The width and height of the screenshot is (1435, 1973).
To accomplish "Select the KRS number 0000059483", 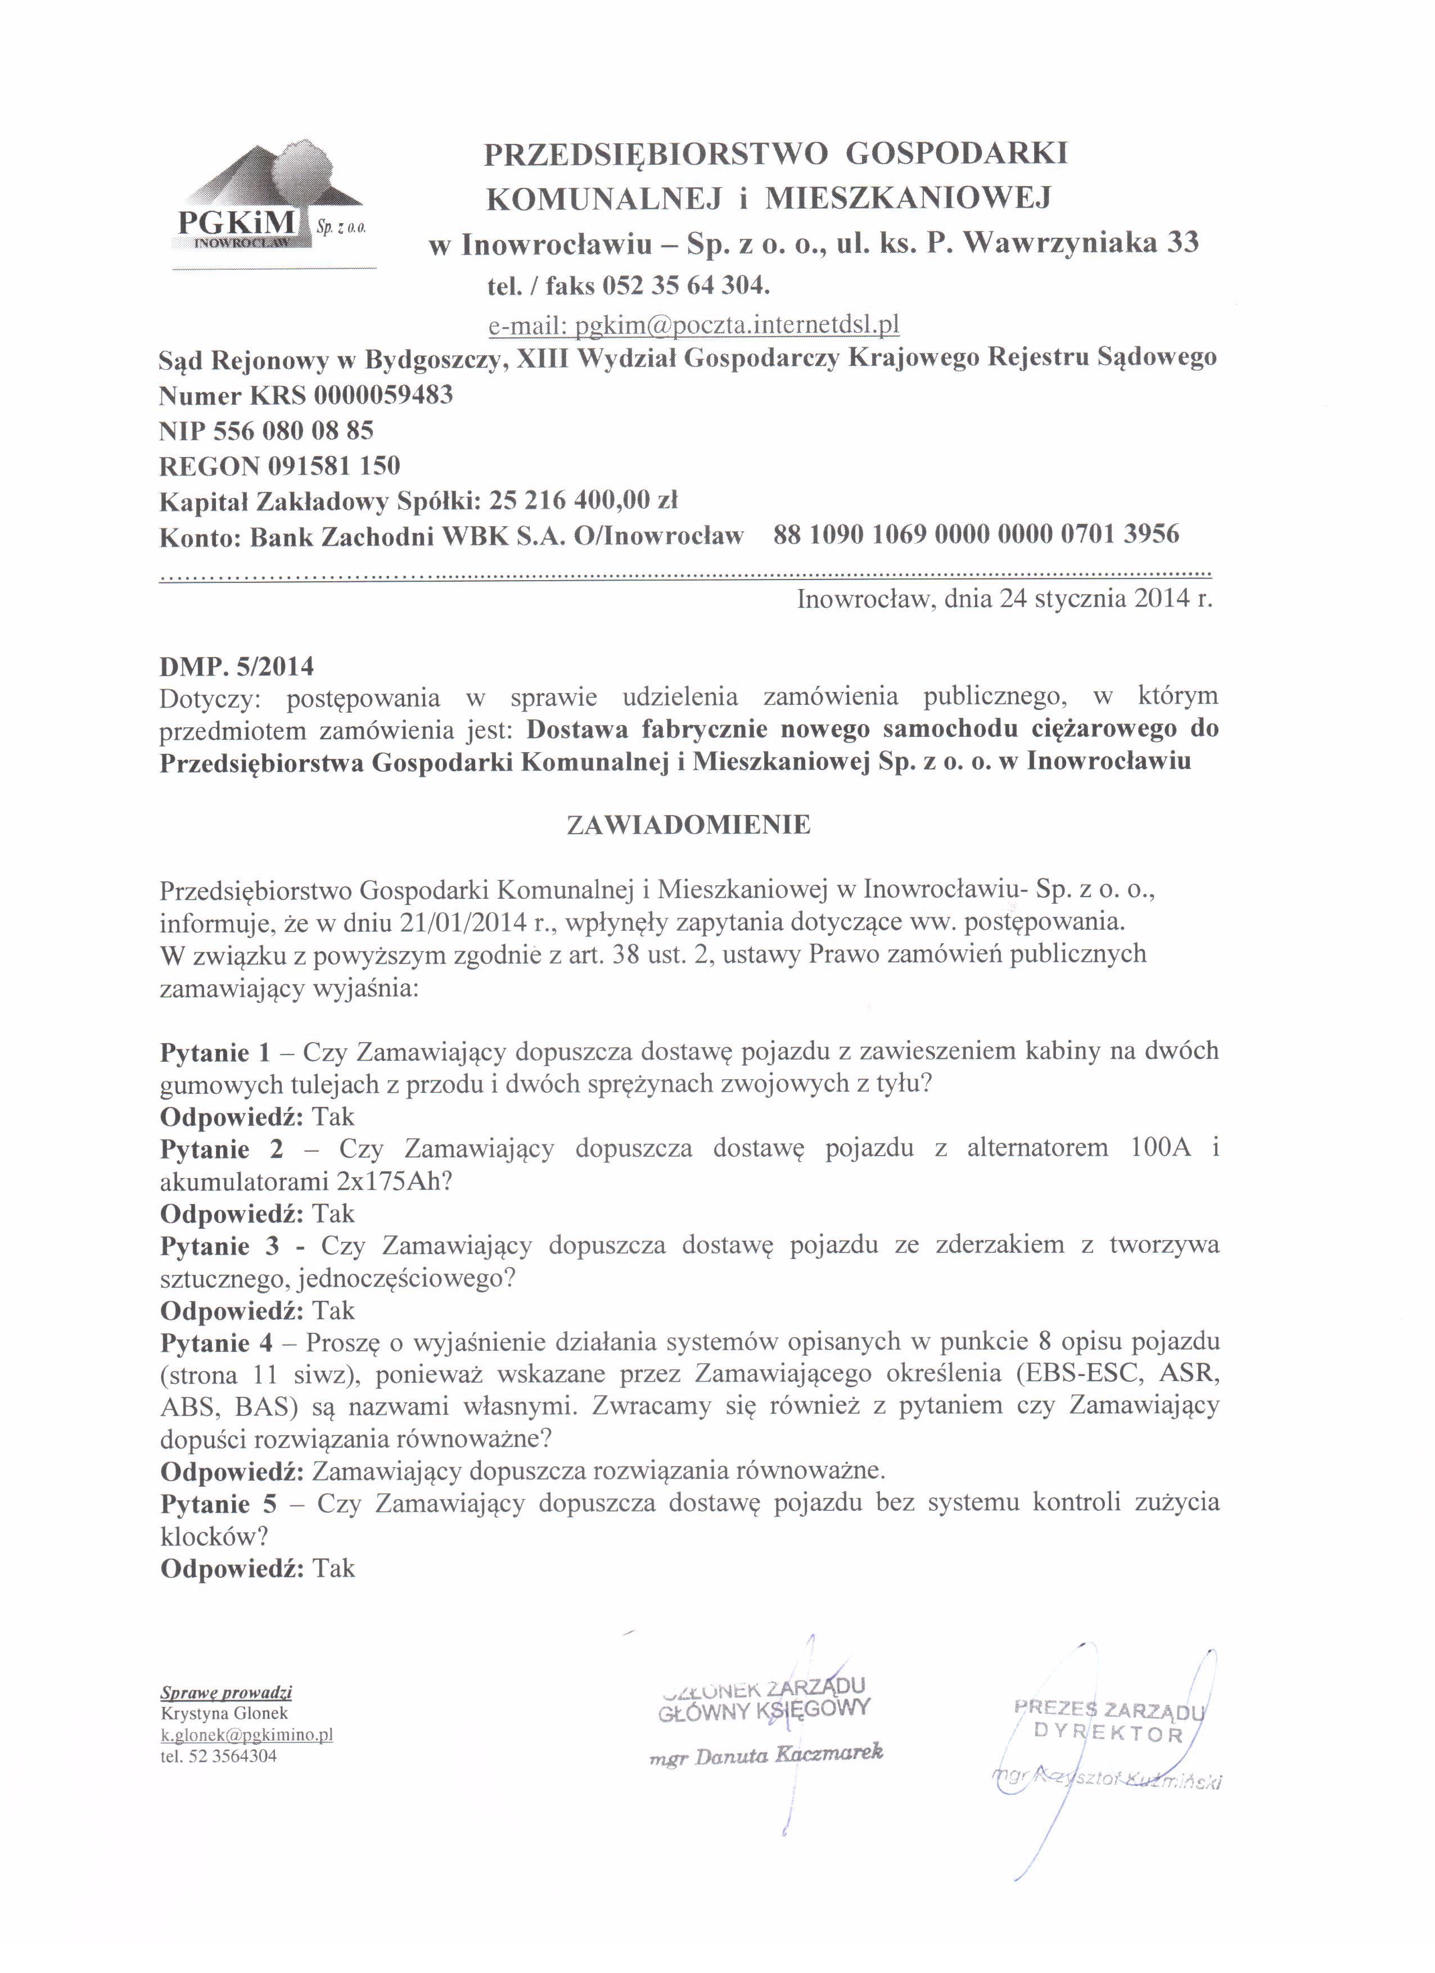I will [383, 396].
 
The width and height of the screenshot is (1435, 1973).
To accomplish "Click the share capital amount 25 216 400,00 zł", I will [583, 501].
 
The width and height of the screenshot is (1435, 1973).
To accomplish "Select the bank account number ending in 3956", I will [976, 533].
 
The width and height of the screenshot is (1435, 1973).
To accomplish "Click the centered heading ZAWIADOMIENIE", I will [688, 825].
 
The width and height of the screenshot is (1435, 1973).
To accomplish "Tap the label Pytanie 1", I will [216, 1053].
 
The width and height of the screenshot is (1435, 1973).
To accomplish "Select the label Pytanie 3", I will [219, 1246].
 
